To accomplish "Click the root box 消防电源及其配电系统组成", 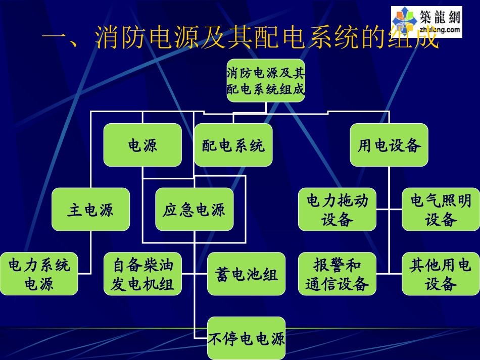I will (x=266, y=80).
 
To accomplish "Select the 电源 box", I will (x=142, y=145).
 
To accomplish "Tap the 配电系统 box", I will (x=233, y=145).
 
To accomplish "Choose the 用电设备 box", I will (x=389, y=145).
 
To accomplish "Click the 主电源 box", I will (x=91, y=210).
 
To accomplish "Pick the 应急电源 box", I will (x=194, y=210).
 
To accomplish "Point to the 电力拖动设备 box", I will (x=337, y=210).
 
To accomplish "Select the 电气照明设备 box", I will (x=441, y=210).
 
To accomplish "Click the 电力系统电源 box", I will (x=39, y=274).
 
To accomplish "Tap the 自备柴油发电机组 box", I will (x=142, y=274).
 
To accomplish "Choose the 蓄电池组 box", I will (x=246, y=274).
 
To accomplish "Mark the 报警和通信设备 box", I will (x=337, y=274).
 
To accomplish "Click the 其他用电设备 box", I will (x=441, y=274).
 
